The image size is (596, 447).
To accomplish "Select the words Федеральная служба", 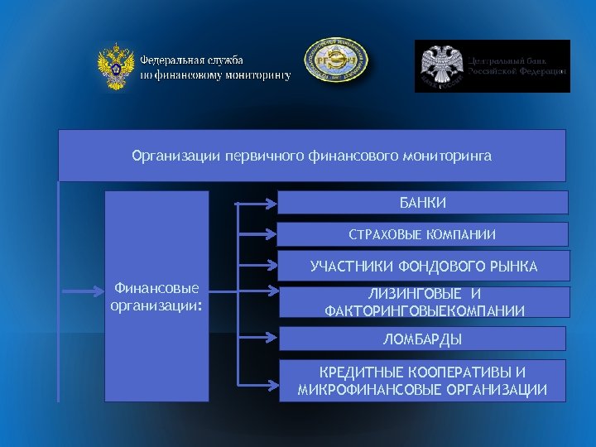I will [191, 60].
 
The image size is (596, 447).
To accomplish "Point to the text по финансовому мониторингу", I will [215, 74].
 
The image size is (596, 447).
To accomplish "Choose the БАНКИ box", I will [423, 203].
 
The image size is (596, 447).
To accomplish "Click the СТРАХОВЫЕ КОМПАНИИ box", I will [423, 234].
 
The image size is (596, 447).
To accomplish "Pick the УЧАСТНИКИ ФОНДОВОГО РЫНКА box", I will [423, 267].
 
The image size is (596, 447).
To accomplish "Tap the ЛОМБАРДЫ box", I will [423, 339].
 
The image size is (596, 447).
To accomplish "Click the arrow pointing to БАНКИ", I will [257, 202].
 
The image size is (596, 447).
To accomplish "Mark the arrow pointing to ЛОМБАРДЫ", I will [257, 338].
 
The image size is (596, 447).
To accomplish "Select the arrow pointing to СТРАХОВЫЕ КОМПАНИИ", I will [257, 233].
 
